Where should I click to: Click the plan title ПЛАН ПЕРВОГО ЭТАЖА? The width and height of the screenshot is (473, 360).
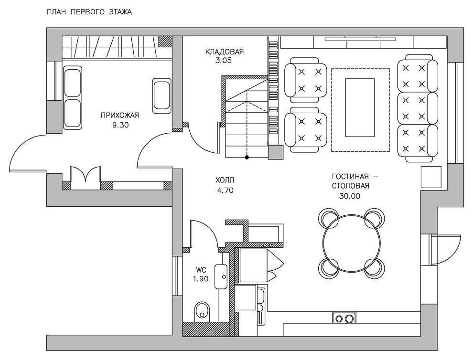click(89, 12)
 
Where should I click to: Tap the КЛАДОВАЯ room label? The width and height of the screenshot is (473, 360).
click(225, 52)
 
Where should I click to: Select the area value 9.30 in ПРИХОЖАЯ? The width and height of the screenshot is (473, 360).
click(120, 125)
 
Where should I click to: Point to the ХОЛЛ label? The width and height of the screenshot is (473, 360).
click(225, 180)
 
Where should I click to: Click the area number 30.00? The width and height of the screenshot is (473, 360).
click(350, 196)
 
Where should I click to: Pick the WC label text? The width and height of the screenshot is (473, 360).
click(201, 269)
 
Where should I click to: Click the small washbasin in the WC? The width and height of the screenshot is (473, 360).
click(221, 276)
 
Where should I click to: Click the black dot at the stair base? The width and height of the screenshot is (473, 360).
click(247, 157)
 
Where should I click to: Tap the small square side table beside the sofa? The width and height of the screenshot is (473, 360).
click(431, 176)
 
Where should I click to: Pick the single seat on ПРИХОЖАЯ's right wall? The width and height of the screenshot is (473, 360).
click(161, 96)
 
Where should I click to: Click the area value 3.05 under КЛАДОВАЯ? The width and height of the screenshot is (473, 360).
click(224, 61)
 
